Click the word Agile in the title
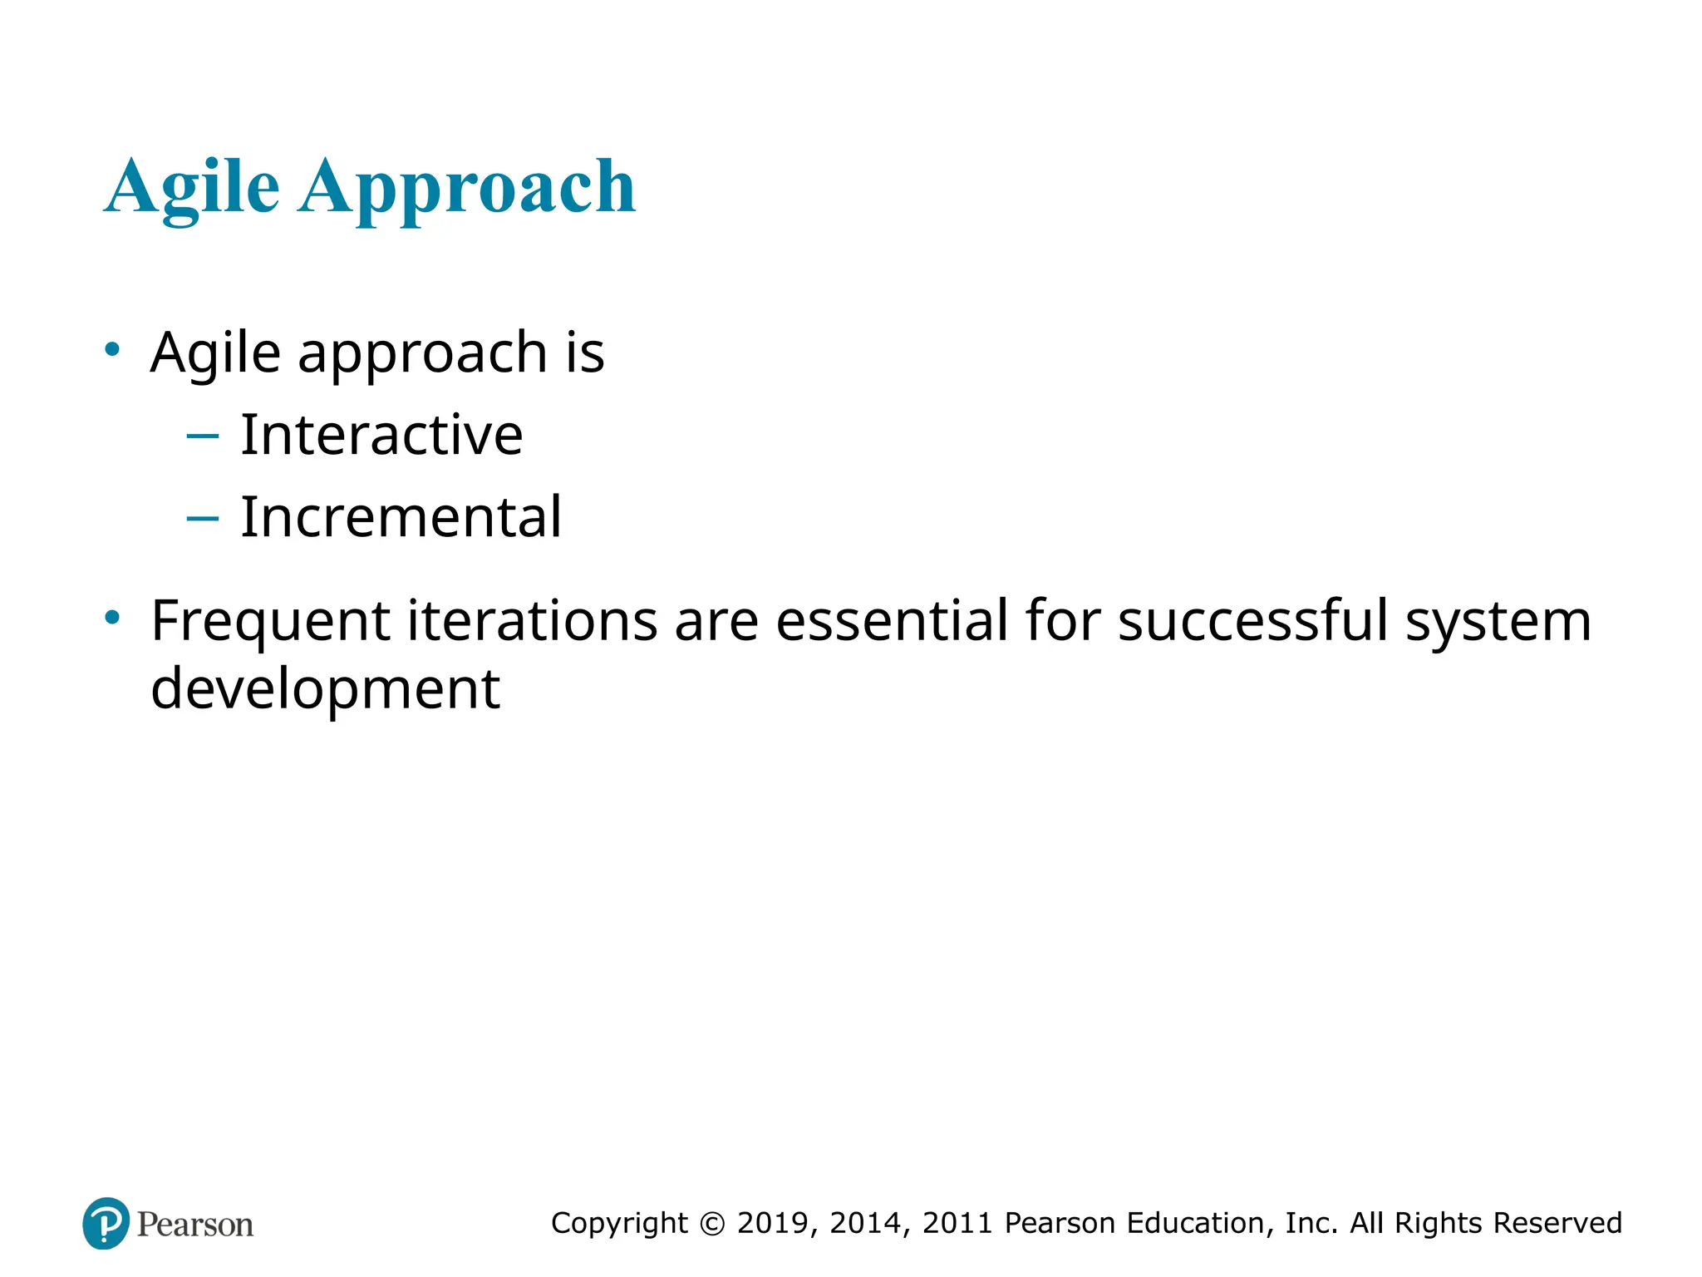(192, 187)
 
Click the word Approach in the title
(467, 187)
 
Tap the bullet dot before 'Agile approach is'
(112, 349)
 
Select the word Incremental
(401, 516)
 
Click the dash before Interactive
(203, 435)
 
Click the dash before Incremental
(203, 518)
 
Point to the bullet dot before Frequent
(112, 618)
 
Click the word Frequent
(270, 622)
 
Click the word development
(325, 689)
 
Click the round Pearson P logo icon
(106, 1223)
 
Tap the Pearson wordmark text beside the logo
(195, 1225)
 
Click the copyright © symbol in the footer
(712, 1224)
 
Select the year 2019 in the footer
(773, 1223)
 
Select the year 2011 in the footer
(957, 1223)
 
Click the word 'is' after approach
(585, 352)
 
